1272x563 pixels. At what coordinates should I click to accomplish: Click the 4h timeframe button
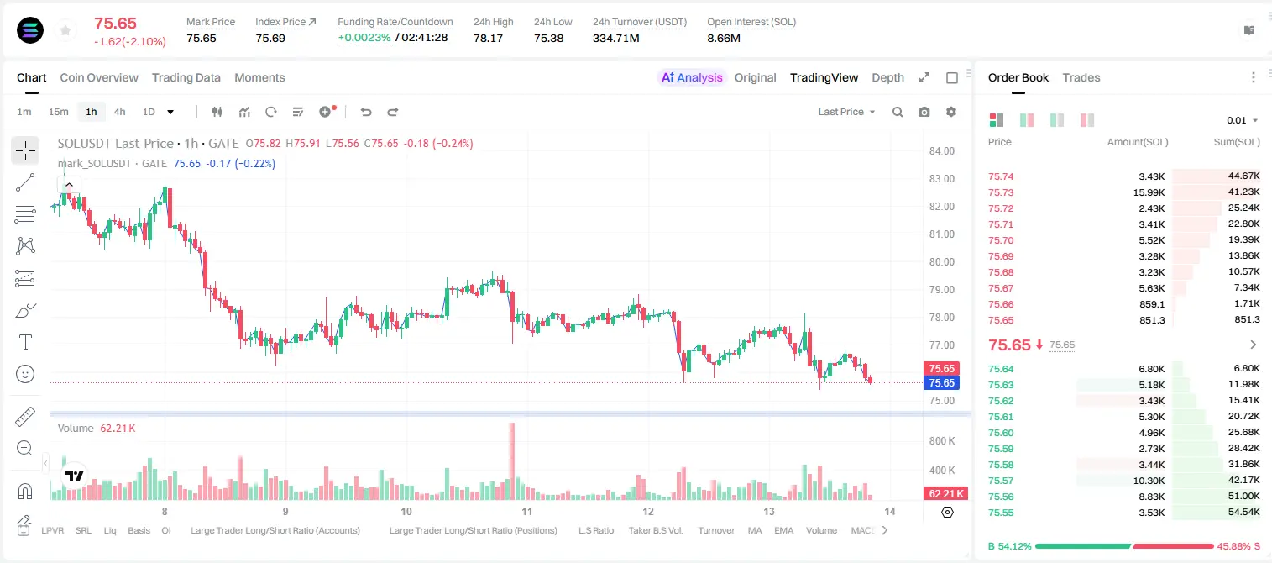119,112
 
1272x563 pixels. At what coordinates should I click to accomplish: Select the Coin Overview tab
99,77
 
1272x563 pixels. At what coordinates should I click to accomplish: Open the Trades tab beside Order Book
1081,77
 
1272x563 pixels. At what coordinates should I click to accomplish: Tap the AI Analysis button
692,77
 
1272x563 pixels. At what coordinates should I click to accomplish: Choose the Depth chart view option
887,77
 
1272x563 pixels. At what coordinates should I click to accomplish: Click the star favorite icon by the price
65,30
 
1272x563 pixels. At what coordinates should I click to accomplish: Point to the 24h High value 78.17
488,38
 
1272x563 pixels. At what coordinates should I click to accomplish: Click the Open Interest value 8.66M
724,38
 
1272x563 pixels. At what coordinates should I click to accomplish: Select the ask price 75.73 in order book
1001,192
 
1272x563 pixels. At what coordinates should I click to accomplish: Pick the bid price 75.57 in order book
1001,481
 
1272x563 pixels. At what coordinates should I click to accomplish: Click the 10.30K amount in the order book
1149,481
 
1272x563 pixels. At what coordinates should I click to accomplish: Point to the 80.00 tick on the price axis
941,262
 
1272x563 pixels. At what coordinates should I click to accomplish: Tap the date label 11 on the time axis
527,511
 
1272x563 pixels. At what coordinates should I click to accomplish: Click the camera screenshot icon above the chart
924,112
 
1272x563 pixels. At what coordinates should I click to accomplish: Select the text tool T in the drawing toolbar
25,342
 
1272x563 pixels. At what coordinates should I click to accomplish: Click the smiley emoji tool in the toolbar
25,374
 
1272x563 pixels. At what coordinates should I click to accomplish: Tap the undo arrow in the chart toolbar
366,112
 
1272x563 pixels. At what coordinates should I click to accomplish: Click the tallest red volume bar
511,461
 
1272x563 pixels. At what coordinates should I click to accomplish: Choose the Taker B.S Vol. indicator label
655,530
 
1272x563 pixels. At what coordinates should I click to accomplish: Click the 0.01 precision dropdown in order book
1242,120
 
